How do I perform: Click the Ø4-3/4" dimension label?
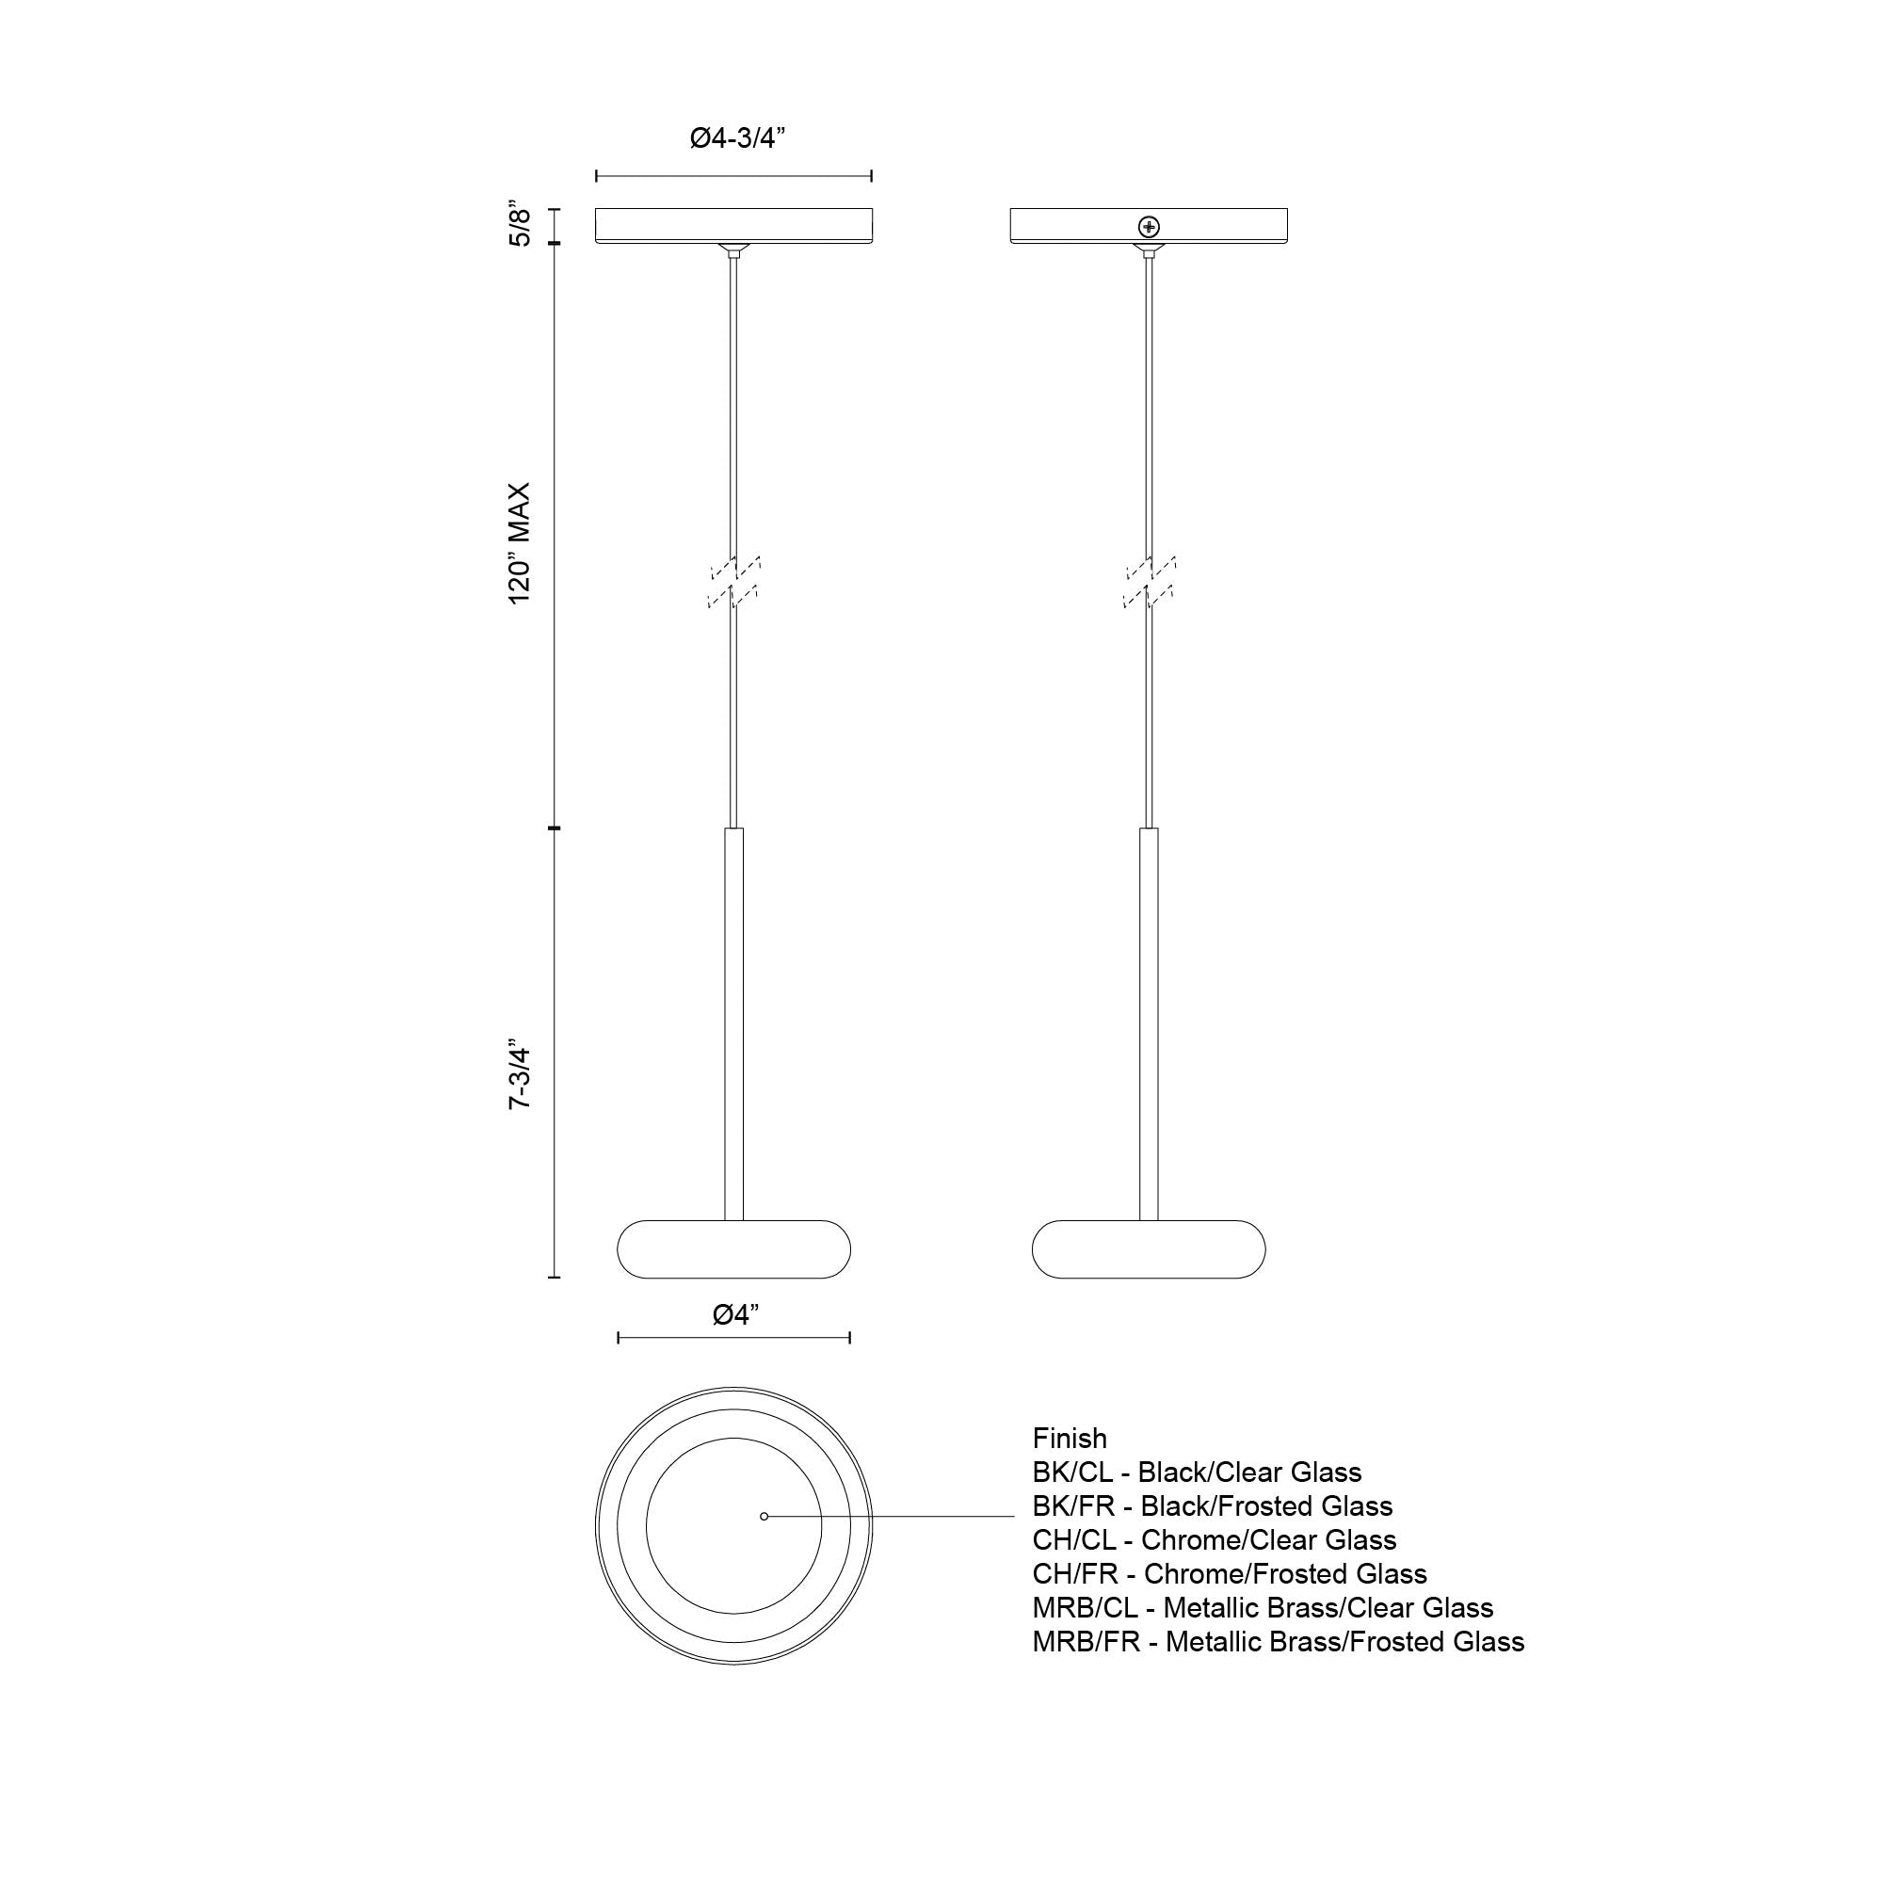[x=737, y=138]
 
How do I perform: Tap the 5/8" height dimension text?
[x=521, y=226]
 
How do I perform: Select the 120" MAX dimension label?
[x=520, y=543]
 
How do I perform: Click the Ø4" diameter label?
[x=736, y=1314]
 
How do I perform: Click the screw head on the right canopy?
[x=1151, y=227]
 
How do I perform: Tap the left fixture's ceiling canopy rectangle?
[x=734, y=225]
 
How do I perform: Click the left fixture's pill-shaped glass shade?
[x=734, y=1249]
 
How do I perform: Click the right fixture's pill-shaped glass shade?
[x=1149, y=1249]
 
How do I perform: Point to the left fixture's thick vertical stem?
[x=734, y=1023]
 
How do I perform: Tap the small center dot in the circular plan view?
[x=764, y=1516]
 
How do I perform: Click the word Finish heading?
[x=1070, y=1439]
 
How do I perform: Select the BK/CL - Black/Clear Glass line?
[x=1197, y=1472]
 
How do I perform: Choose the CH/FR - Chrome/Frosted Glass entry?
[x=1229, y=1573]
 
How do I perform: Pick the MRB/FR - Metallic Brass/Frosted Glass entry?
[x=1278, y=1641]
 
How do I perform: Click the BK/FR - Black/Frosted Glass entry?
[x=1213, y=1505]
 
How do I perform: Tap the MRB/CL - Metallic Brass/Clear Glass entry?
[x=1263, y=1607]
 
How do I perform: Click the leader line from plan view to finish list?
[x=896, y=1516]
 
